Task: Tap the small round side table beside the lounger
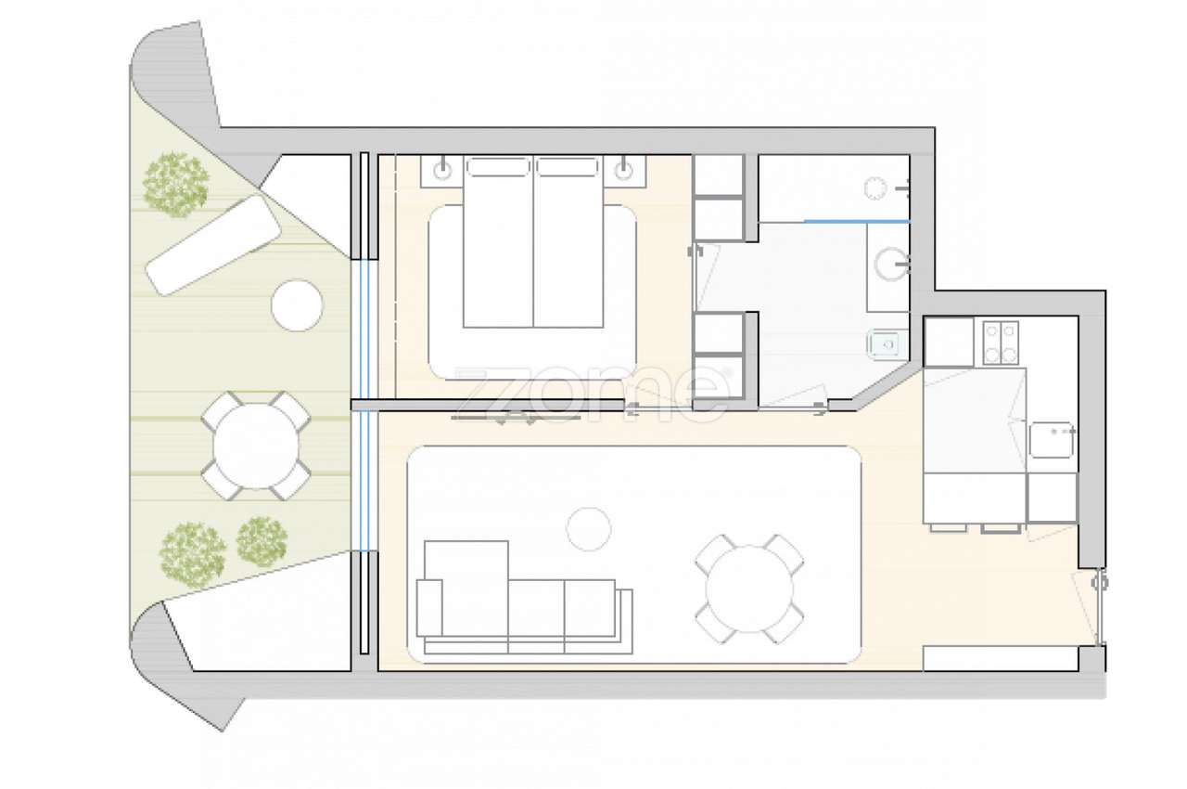[x=297, y=304]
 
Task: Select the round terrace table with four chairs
[x=256, y=445]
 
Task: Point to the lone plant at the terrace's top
[x=176, y=184]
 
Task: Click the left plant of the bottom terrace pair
[x=193, y=552]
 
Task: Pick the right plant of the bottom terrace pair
[x=262, y=542]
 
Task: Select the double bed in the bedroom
[x=532, y=243]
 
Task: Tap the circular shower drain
[x=874, y=188]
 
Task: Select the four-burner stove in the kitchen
[x=1001, y=342]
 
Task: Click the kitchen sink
[x=1052, y=441]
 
